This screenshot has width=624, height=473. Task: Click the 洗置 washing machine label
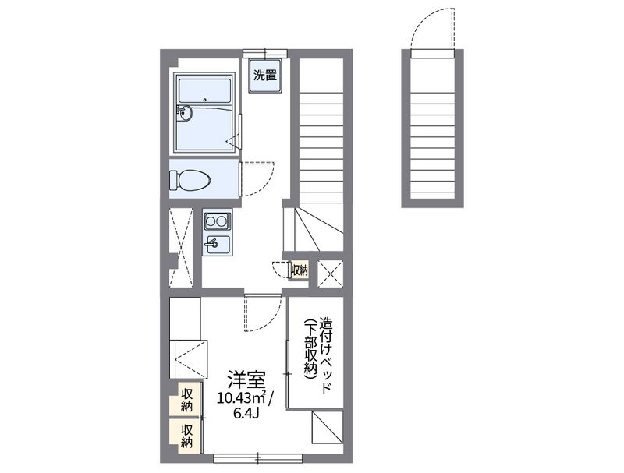click(x=264, y=76)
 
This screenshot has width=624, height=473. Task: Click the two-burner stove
click(x=216, y=221)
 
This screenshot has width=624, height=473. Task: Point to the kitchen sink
click(x=216, y=245)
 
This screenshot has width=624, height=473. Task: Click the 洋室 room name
click(x=244, y=380)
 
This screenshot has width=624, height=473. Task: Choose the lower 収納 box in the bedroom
click(x=186, y=436)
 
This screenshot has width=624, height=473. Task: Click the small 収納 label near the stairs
click(x=300, y=270)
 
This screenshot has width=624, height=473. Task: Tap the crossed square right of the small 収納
click(x=330, y=273)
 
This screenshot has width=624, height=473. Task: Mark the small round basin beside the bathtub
click(x=185, y=113)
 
